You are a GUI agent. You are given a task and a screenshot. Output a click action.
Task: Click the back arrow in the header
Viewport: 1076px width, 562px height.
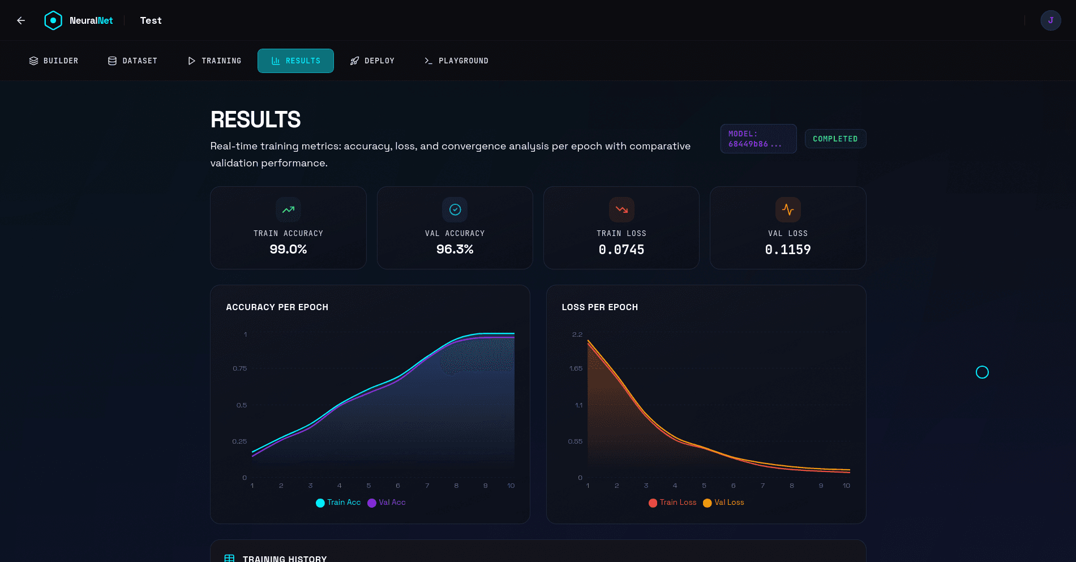point(21,20)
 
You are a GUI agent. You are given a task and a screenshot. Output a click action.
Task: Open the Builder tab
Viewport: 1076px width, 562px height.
point(54,61)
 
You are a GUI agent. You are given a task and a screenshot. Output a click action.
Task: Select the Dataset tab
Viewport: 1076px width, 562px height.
point(132,61)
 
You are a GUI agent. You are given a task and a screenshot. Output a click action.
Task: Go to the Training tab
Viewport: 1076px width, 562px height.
point(215,61)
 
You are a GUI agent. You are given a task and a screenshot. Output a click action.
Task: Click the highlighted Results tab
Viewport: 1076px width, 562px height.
point(295,61)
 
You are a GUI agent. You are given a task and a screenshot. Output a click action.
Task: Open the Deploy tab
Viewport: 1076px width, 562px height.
point(372,61)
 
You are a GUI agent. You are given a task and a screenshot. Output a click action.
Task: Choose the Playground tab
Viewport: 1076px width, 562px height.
point(456,61)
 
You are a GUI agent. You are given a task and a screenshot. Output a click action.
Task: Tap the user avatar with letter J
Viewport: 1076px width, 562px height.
point(1051,20)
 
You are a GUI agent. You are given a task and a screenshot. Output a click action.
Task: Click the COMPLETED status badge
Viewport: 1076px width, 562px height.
point(835,139)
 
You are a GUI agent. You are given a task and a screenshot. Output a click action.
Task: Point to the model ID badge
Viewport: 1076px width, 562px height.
point(758,139)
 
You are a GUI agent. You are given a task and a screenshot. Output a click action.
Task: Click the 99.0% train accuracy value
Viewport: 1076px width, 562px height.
point(288,249)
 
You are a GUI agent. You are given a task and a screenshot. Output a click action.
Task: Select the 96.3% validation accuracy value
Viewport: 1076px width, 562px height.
point(455,249)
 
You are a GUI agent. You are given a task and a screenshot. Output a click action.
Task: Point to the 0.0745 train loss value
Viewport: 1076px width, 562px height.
point(621,250)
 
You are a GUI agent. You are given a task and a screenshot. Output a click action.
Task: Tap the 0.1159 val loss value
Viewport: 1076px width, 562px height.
point(788,250)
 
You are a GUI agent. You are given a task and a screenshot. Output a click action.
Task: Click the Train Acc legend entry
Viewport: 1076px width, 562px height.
point(338,503)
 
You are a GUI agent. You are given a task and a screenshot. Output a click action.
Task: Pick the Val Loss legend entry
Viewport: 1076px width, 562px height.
point(723,503)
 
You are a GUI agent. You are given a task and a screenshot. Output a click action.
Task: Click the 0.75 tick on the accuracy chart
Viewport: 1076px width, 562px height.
point(239,368)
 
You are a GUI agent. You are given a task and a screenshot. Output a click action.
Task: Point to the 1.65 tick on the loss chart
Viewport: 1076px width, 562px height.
point(576,368)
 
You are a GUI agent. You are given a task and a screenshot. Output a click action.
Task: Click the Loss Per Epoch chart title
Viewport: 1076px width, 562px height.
point(599,307)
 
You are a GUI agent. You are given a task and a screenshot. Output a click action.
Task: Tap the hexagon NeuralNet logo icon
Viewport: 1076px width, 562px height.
point(53,20)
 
